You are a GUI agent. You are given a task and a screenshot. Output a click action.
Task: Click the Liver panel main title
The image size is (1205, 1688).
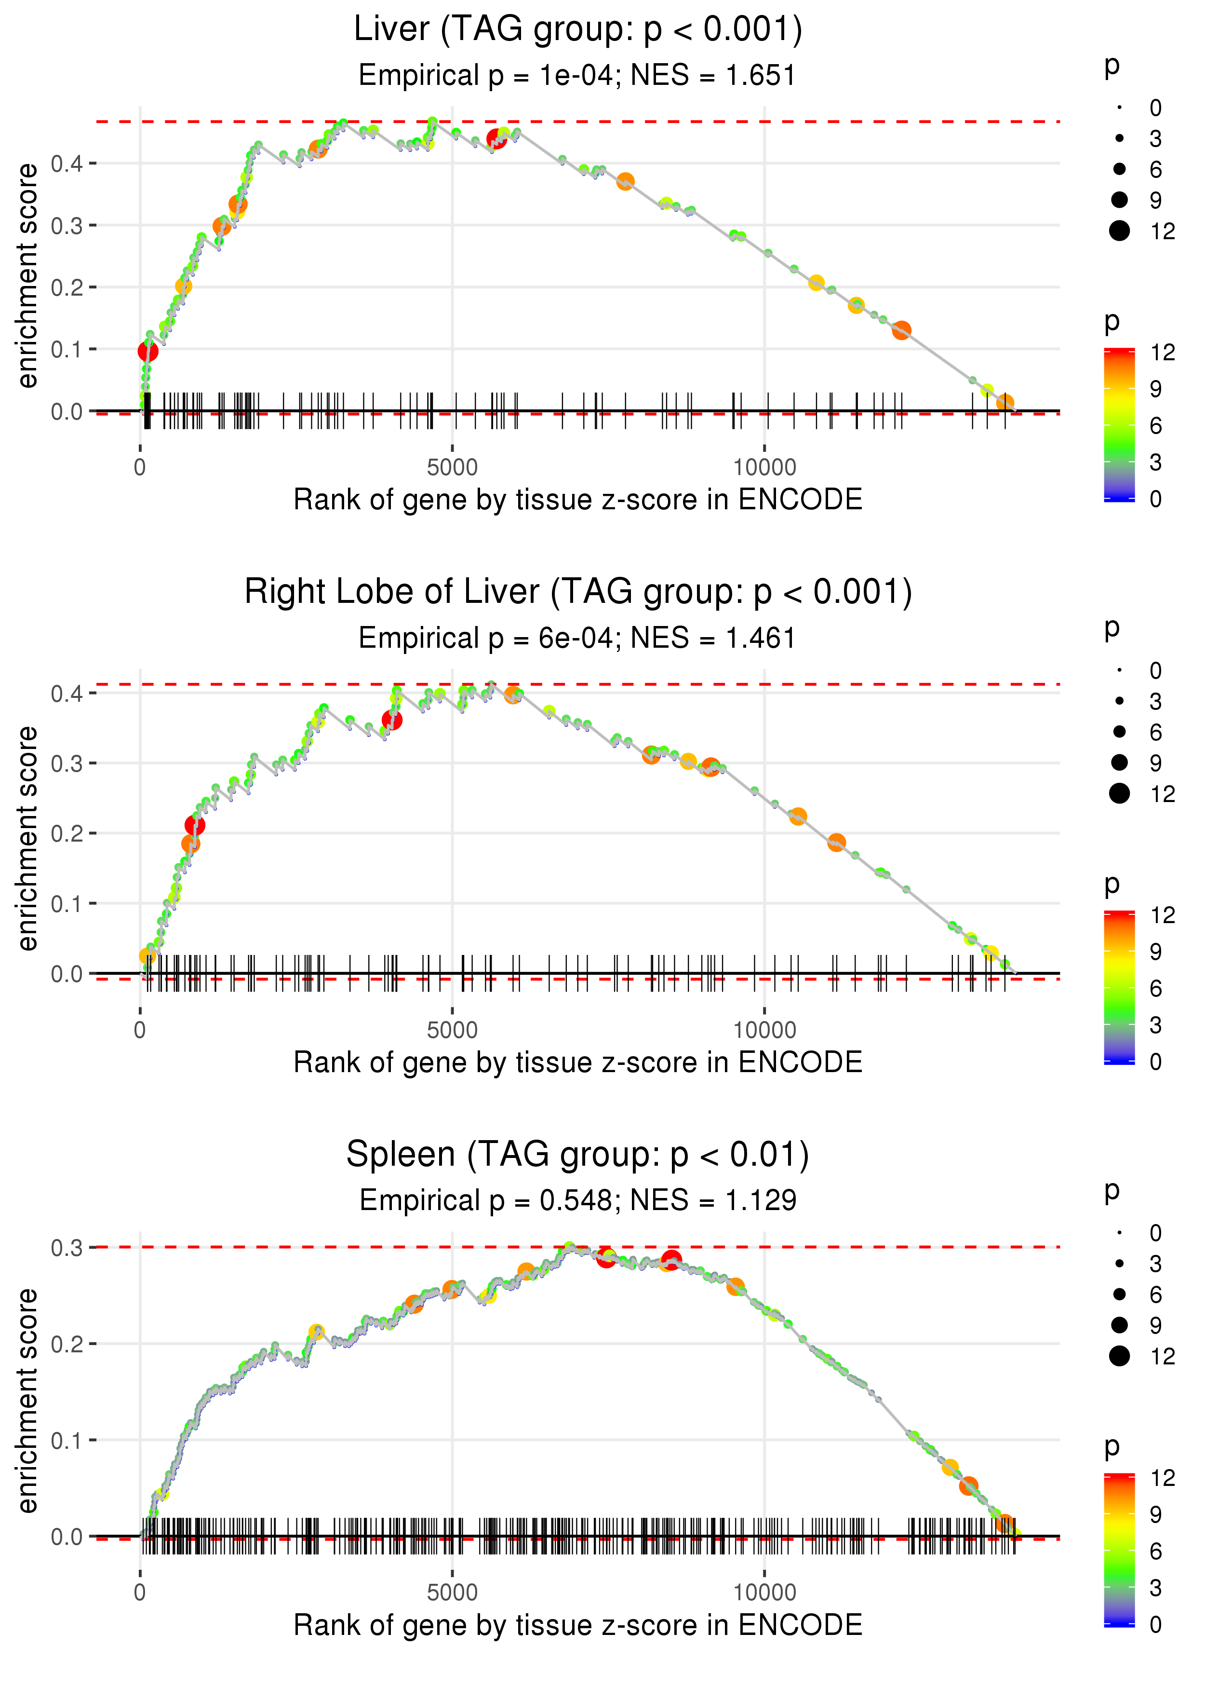point(577,30)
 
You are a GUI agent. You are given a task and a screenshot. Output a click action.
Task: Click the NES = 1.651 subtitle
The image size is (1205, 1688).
point(712,76)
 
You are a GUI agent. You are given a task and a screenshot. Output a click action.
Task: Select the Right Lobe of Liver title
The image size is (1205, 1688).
point(577,592)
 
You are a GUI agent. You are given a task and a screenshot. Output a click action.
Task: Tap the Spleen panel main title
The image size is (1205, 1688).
point(577,1154)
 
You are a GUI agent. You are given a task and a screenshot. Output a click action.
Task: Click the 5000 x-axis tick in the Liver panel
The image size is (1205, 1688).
point(452,468)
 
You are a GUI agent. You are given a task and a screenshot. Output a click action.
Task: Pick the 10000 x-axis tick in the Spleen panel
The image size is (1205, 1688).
point(764,1593)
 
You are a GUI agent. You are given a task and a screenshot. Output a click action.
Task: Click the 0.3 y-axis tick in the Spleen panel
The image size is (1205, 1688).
point(67,1248)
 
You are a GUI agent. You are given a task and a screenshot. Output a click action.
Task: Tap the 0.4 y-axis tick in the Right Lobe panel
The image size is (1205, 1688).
point(67,694)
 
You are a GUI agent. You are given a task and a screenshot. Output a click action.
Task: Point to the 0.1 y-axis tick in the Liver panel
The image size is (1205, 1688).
point(67,349)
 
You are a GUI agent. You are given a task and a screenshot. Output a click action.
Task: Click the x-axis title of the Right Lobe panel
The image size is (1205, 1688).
point(577,1062)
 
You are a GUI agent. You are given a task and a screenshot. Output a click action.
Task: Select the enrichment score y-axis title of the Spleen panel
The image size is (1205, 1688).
point(27,1400)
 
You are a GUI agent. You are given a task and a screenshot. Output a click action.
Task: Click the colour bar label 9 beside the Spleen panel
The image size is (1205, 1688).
point(1155,1514)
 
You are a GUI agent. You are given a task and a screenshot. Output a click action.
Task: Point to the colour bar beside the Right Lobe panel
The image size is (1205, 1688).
point(1119,987)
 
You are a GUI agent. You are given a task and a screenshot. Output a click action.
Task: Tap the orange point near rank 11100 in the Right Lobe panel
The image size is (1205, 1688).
point(836,843)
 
